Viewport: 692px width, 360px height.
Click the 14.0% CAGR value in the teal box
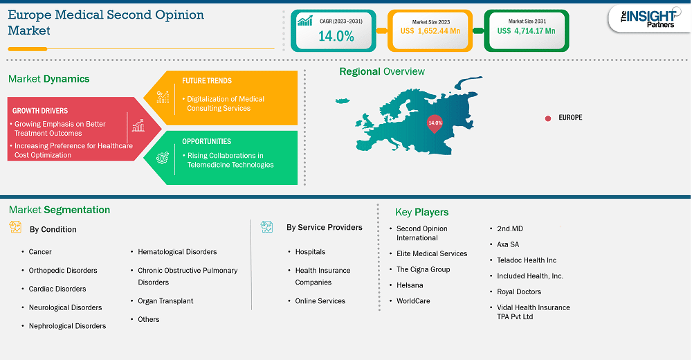336,36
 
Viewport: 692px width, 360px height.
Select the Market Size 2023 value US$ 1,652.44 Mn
430,31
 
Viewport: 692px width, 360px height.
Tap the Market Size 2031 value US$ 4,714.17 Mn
526,31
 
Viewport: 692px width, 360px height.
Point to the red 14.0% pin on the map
435,124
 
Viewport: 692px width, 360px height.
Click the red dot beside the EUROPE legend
547,118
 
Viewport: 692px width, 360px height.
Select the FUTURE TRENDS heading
206,81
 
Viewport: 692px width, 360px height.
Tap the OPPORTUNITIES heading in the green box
206,141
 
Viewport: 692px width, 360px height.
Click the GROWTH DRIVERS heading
39,111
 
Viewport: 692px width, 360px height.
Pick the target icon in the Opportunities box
163,158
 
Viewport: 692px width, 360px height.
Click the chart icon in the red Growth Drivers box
138,125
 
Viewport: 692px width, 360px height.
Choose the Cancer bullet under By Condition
40,252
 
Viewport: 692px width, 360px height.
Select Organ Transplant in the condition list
165,301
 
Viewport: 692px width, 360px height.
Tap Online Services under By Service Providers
320,301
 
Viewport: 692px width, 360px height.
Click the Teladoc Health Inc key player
527,260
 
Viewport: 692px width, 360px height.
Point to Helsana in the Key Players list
410,285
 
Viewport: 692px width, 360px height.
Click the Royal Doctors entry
519,291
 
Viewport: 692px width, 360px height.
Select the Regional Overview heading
382,71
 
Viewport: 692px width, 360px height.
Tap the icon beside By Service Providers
266,227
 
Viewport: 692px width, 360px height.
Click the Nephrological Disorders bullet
68,326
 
